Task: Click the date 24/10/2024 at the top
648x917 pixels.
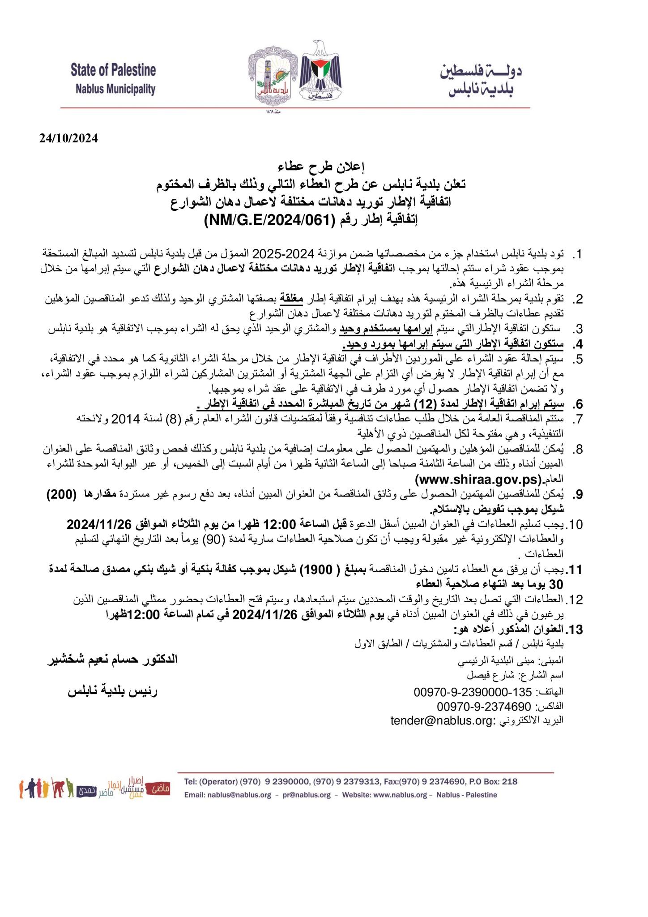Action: [68, 138]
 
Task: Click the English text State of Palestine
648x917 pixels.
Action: [113, 70]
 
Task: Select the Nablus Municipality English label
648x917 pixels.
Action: [115, 89]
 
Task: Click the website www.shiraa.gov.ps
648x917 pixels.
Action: [478, 480]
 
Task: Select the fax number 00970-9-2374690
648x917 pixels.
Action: [485, 707]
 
